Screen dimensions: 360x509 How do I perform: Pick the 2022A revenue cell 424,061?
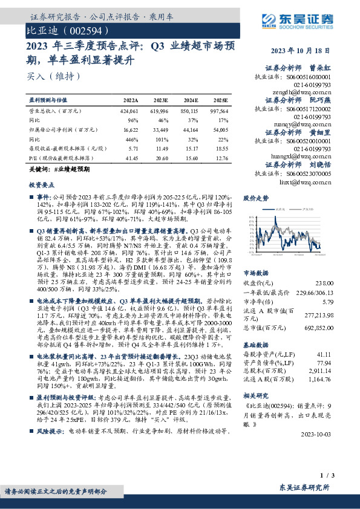click(129, 112)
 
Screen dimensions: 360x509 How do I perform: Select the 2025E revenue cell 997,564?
click(218, 112)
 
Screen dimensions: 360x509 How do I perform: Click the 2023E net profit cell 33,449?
click(160, 129)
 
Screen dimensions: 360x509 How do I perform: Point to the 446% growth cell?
click(131, 138)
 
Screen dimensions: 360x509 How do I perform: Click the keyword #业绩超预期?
click(71, 170)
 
